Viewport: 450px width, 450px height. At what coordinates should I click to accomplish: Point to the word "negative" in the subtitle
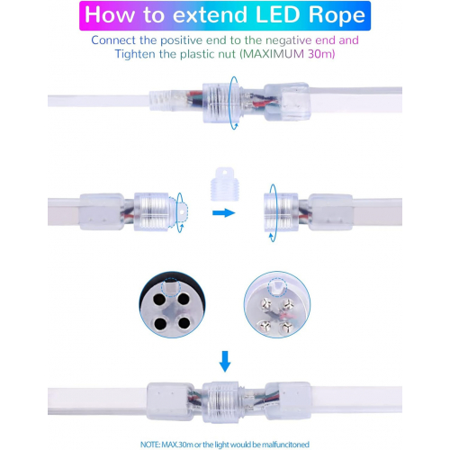[288, 40]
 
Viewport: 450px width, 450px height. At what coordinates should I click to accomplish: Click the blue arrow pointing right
[224, 213]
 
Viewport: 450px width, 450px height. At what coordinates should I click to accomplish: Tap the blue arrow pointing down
[225, 362]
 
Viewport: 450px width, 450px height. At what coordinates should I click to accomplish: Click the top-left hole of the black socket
[159, 299]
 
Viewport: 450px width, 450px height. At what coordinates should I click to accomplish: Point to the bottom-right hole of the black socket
[184, 322]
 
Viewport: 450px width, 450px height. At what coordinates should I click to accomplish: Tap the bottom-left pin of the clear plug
[265, 325]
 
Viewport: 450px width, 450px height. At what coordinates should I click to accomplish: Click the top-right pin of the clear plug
[287, 305]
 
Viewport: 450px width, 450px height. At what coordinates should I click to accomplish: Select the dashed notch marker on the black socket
[170, 288]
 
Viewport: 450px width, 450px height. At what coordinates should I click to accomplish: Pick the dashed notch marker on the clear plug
[277, 288]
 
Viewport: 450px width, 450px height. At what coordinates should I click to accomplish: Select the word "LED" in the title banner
[278, 14]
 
